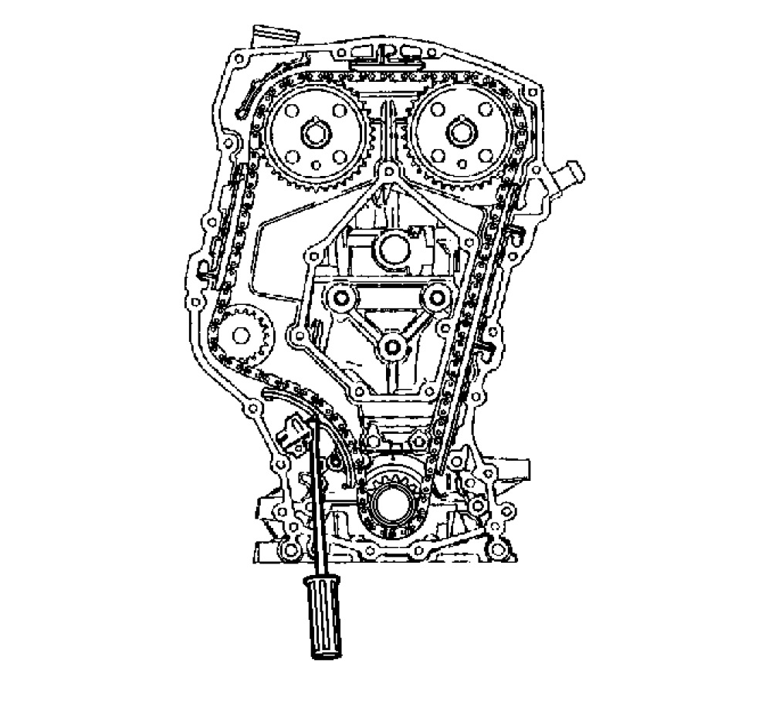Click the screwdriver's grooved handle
[322, 618]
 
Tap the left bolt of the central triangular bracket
[338, 295]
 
